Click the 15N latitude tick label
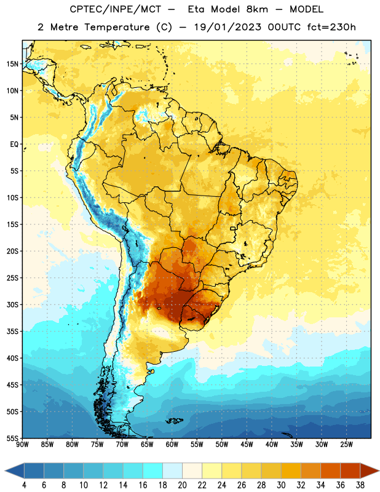(x=12, y=64)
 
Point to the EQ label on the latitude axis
(x=14, y=145)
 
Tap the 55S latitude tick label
(x=12, y=438)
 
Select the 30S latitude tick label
(x=12, y=304)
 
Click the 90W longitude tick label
(x=22, y=444)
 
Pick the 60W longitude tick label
(x=172, y=444)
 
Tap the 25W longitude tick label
(x=346, y=444)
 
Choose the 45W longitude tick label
(x=247, y=444)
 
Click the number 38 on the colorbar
(x=360, y=485)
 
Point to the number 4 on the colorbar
(x=24, y=485)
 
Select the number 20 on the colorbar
(x=182, y=485)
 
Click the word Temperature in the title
(x=117, y=27)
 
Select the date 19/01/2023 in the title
(x=228, y=27)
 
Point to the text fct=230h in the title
(x=331, y=27)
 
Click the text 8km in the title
(x=257, y=9)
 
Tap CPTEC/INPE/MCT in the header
(x=115, y=10)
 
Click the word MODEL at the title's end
(x=306, y=9)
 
